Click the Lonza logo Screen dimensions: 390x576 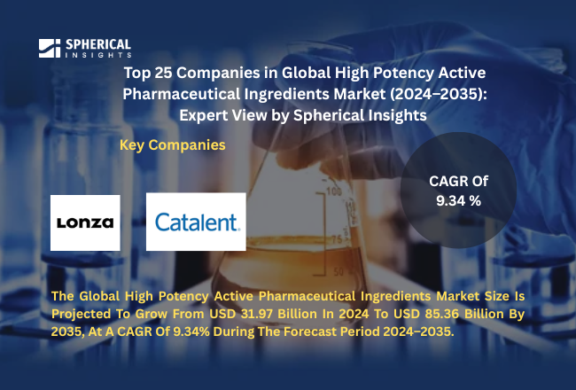pyautogui.click(x=85, y=222)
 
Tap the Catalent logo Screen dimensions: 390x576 pyautogui.click(x=195, y=222)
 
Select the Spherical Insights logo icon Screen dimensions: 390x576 pyautogui.click(x=50, y=48)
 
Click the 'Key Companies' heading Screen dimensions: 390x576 pyautogui.click(x=172, y=144)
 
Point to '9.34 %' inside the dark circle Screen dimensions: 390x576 pyautogui.click(x=458, y=201)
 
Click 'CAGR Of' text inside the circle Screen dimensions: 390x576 pyautogui.click(x=458, y=181)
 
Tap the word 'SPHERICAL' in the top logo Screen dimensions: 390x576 pyautogui.click(x=97, y=43)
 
